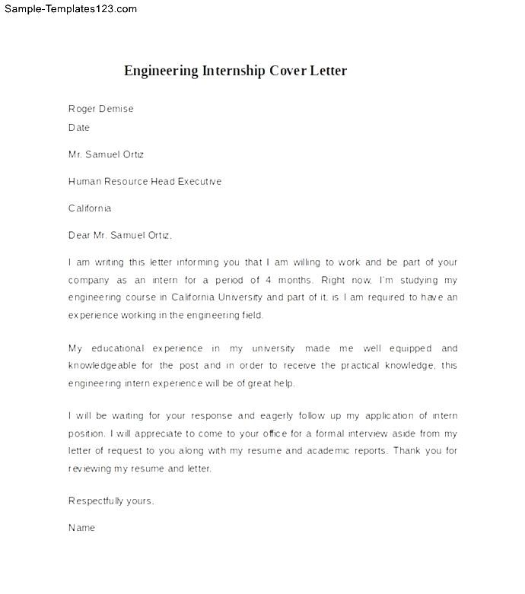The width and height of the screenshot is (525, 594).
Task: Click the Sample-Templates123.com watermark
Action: (69, 9)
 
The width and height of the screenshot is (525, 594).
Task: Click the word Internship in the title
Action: (234, 71)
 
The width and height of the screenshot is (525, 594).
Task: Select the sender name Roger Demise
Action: (100, 109)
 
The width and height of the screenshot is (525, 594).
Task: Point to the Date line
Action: (79, 128)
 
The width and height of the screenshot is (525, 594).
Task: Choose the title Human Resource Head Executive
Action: (145, 182)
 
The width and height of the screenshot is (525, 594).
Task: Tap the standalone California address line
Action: (90, 208)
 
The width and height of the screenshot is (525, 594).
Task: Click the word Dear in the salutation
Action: (80, 235)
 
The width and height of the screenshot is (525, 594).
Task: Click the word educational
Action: (117, 348)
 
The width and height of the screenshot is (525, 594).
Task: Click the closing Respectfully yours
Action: (111, 500)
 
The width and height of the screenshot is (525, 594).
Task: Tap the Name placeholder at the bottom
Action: (81, 527)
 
